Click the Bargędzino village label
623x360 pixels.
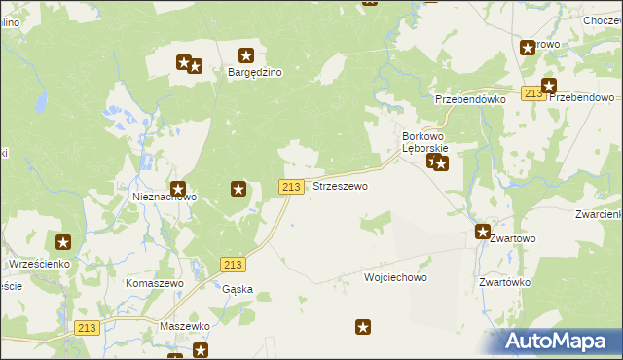(x=255, y=72)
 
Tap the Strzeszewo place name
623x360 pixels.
(x=340, y=186)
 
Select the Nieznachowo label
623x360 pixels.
(x=165, y=197)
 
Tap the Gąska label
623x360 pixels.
(x=238, y=289)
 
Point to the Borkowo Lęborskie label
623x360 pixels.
(x=424, y=142)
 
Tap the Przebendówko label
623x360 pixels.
(x=470, y=99)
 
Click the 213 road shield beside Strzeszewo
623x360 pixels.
(x=291, y=186)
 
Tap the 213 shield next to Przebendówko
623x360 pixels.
(x=532, y=93)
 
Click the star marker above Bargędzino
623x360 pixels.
(x=246, y=56)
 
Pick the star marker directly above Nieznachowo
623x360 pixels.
(x=178, y=188)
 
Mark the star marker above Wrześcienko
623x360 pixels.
(x=63, y=242)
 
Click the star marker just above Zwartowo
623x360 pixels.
(x=482, y=232)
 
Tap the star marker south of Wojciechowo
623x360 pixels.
(x=364, y=328)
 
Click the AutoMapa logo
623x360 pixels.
(x=559, y=341)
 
